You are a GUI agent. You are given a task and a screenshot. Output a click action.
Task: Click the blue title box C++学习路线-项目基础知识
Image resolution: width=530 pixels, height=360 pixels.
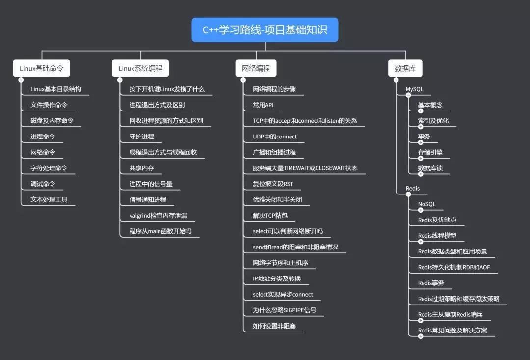click(265, 30)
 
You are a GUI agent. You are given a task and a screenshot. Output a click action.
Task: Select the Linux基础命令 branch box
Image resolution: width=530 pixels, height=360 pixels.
click(42, 68)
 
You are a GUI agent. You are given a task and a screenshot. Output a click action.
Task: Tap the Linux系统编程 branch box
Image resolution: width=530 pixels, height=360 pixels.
click(140, 68)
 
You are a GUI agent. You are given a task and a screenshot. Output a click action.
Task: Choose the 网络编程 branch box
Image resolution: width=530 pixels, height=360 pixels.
click(256, 68)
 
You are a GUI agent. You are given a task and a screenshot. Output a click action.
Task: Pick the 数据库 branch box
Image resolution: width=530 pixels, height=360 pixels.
click(405, 68)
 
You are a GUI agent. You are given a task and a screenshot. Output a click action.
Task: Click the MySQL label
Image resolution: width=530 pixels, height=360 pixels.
click(414, 89)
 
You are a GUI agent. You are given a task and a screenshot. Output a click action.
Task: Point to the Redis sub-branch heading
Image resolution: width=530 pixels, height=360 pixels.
click(413, 189)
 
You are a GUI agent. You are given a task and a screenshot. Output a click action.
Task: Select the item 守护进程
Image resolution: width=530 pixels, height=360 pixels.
click(142, 137)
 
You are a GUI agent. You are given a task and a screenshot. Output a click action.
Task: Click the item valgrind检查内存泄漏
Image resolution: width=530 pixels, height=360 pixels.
click(158, 216)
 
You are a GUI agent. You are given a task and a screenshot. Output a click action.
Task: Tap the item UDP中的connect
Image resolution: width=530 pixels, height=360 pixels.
click(275, 137)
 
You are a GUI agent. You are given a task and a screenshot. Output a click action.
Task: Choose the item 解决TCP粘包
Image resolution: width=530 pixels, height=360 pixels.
click(270, 216)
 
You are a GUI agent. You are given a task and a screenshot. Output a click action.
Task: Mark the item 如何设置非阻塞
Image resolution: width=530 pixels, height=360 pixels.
click(274, 326)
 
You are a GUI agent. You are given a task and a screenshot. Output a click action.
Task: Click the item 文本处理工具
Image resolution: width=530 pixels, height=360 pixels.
click(49, 199)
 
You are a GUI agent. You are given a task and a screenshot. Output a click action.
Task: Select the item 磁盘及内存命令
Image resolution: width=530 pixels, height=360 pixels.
click(52, 121)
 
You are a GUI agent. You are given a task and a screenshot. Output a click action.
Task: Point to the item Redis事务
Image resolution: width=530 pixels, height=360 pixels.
click(431, 283)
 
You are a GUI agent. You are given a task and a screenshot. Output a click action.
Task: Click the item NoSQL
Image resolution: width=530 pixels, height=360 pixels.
click(426, 204)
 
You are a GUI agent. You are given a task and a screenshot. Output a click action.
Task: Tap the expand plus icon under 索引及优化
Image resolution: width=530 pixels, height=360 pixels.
click(421, 127)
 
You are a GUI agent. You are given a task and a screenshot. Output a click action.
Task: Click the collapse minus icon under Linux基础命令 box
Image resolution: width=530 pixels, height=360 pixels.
click(21, 80)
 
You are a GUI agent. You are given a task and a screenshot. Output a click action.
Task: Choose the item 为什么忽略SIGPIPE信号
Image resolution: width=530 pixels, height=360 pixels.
click(285, 310)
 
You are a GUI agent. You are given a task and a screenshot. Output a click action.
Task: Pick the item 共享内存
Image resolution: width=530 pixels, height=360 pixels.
click(142, 168)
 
